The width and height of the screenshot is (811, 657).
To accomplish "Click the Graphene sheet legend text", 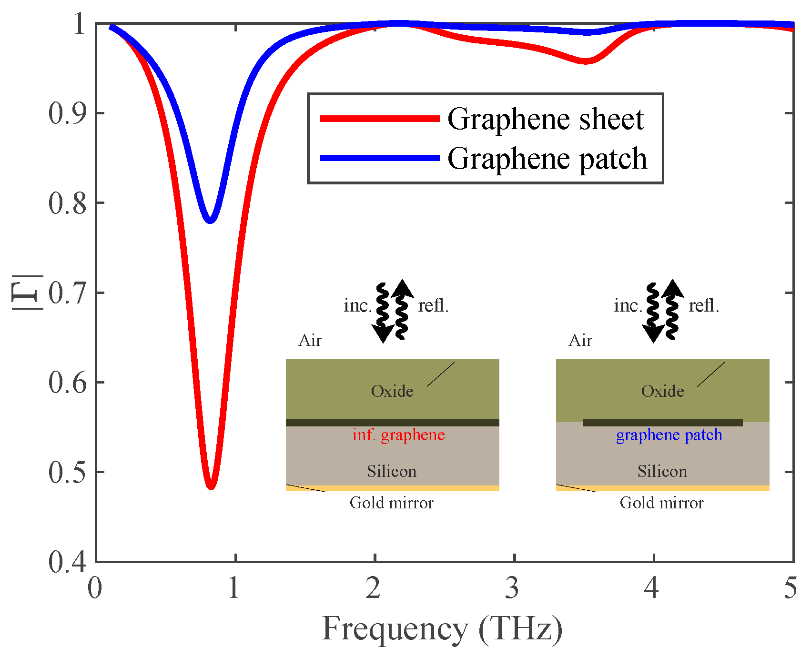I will [546, 119].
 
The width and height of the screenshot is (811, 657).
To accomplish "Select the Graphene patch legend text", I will [547, 158].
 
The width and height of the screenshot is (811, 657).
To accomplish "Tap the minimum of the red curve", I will [211, 485].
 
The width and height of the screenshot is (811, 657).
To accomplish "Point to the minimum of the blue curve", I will [210, 220].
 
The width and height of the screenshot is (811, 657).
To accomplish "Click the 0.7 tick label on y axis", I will [68, 293].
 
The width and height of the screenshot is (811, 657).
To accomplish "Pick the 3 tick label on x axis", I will [512, 588].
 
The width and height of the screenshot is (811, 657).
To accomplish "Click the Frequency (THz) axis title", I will [442, 629].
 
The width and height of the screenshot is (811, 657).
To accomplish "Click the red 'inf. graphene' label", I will [398, 435].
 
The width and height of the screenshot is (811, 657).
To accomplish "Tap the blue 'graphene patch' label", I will [669, 435].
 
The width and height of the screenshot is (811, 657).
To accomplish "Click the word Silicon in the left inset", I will [392, 471].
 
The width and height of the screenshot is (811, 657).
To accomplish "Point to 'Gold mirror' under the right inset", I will [661, 503].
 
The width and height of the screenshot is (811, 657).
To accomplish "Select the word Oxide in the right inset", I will [662, 391].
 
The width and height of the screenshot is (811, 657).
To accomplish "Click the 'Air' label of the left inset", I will [310, 341].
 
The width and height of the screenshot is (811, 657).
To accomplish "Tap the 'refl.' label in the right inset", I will [704, 305].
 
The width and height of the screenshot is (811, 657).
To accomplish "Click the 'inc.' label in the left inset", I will [357, 305].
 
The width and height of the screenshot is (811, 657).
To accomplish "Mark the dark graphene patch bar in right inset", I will [663, 423].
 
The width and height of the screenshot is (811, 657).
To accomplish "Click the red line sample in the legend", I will [379, 119].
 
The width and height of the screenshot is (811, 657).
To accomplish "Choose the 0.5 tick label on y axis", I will [68, 472].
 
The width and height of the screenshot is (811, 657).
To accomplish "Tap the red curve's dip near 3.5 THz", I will [586, 61].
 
